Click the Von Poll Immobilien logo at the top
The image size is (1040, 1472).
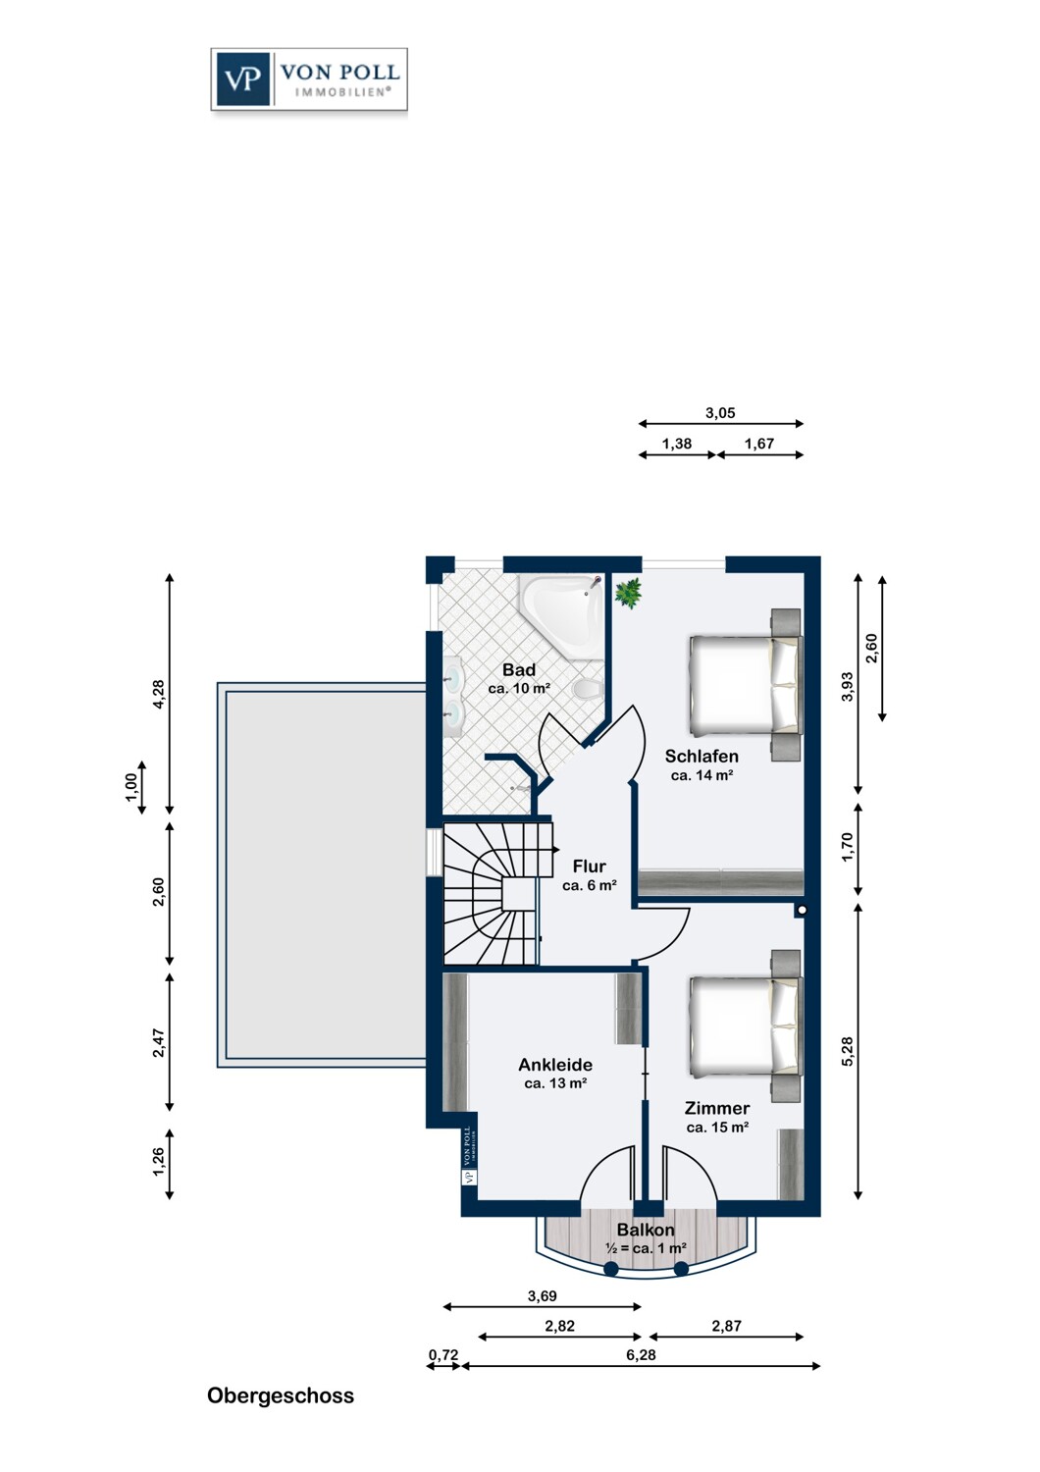(x=309, y=79)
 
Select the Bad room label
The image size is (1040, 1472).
(x=519, y=669)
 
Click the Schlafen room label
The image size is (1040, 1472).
(x=702, y=757)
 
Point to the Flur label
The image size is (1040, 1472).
(x=590, y=867)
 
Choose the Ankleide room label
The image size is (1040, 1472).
(x=555, y=1065)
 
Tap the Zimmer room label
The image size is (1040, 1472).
(x=717, y=1109)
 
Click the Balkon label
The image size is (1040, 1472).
(x=646, y=1230)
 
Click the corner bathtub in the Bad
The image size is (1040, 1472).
(x=563, y=616)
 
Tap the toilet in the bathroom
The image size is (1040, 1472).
(x=588, y=689)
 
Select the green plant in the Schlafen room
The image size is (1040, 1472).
(x=629, y=593)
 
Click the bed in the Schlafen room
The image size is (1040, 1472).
(x=746, y=684)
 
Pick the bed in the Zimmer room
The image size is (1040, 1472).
(x=746, y=1025)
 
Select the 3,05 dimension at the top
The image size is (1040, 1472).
(x=721, y=413)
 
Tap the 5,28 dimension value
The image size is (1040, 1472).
(x=848, y=1051)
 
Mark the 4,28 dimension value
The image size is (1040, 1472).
(x=158, y=694)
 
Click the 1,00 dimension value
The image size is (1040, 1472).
(x=130, y=787)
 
